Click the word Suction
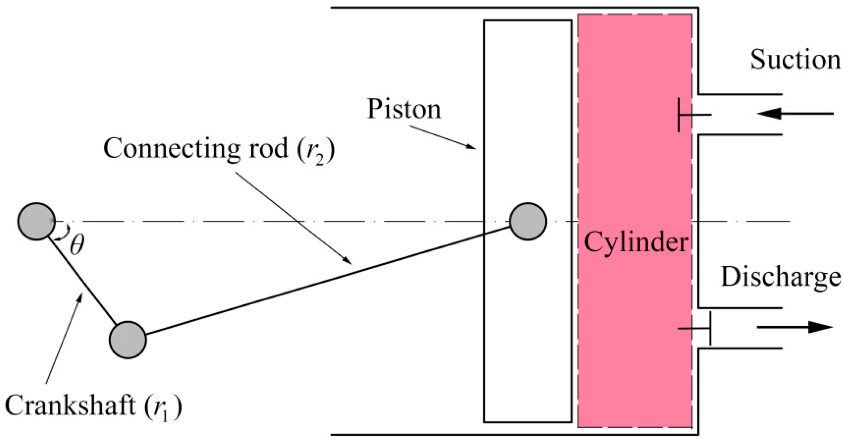click(795, 60)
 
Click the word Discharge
click(781, 277)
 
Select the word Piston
click(404, 109)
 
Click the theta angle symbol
click(77, 245)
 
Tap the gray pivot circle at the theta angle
click(36, 221)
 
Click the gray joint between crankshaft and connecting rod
click(128, 340)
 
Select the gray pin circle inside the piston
click(527, 221)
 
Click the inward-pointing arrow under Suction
click(795, 114)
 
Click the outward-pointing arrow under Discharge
click(795, 327)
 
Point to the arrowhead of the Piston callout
click(471, 146)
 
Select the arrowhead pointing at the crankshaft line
click(80, 297)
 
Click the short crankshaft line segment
click(83, 281)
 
